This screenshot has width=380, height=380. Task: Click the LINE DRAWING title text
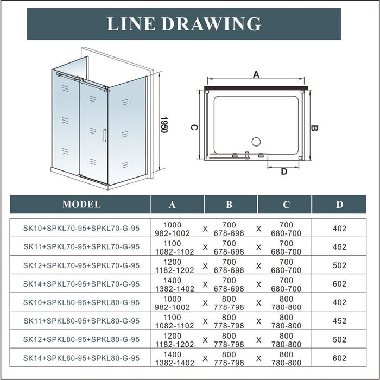click(x=183, y=24)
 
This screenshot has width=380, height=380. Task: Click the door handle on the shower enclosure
click(x=104, y=135)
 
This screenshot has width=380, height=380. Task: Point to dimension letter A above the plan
click(x=256, y=75)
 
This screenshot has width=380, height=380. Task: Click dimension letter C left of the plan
click(x=193, y=126)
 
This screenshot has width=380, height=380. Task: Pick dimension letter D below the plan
click(x=284, y=172)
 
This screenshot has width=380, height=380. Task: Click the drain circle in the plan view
click(x=255, y=142)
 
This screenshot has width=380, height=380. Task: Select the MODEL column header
click(x=81, y=205)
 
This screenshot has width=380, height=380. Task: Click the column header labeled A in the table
click(x=173, y=205)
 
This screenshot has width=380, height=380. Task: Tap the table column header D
click(x=339, y=205)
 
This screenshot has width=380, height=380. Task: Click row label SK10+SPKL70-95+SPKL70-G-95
click(x=81, y=229)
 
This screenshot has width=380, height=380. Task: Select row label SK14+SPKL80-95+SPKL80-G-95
click(x=81, y=357)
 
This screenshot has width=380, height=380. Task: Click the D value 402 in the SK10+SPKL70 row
click(x=339, y=229)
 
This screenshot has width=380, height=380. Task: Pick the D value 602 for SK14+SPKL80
click(x=339, y=357)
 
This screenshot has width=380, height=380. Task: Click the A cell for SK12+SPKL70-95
click(x=173, y=265)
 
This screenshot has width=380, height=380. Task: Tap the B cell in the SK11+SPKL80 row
click(x=229, y=320)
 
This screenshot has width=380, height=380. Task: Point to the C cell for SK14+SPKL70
click(x=286, y=283)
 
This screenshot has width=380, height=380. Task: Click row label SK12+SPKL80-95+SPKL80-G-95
click(x=81, y=339)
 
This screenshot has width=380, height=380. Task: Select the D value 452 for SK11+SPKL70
click(x=339, y=247)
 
